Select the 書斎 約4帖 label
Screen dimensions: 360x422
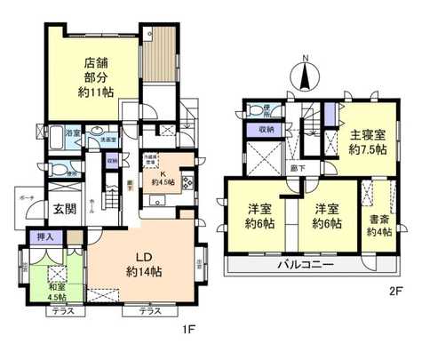tap(380, 226)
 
